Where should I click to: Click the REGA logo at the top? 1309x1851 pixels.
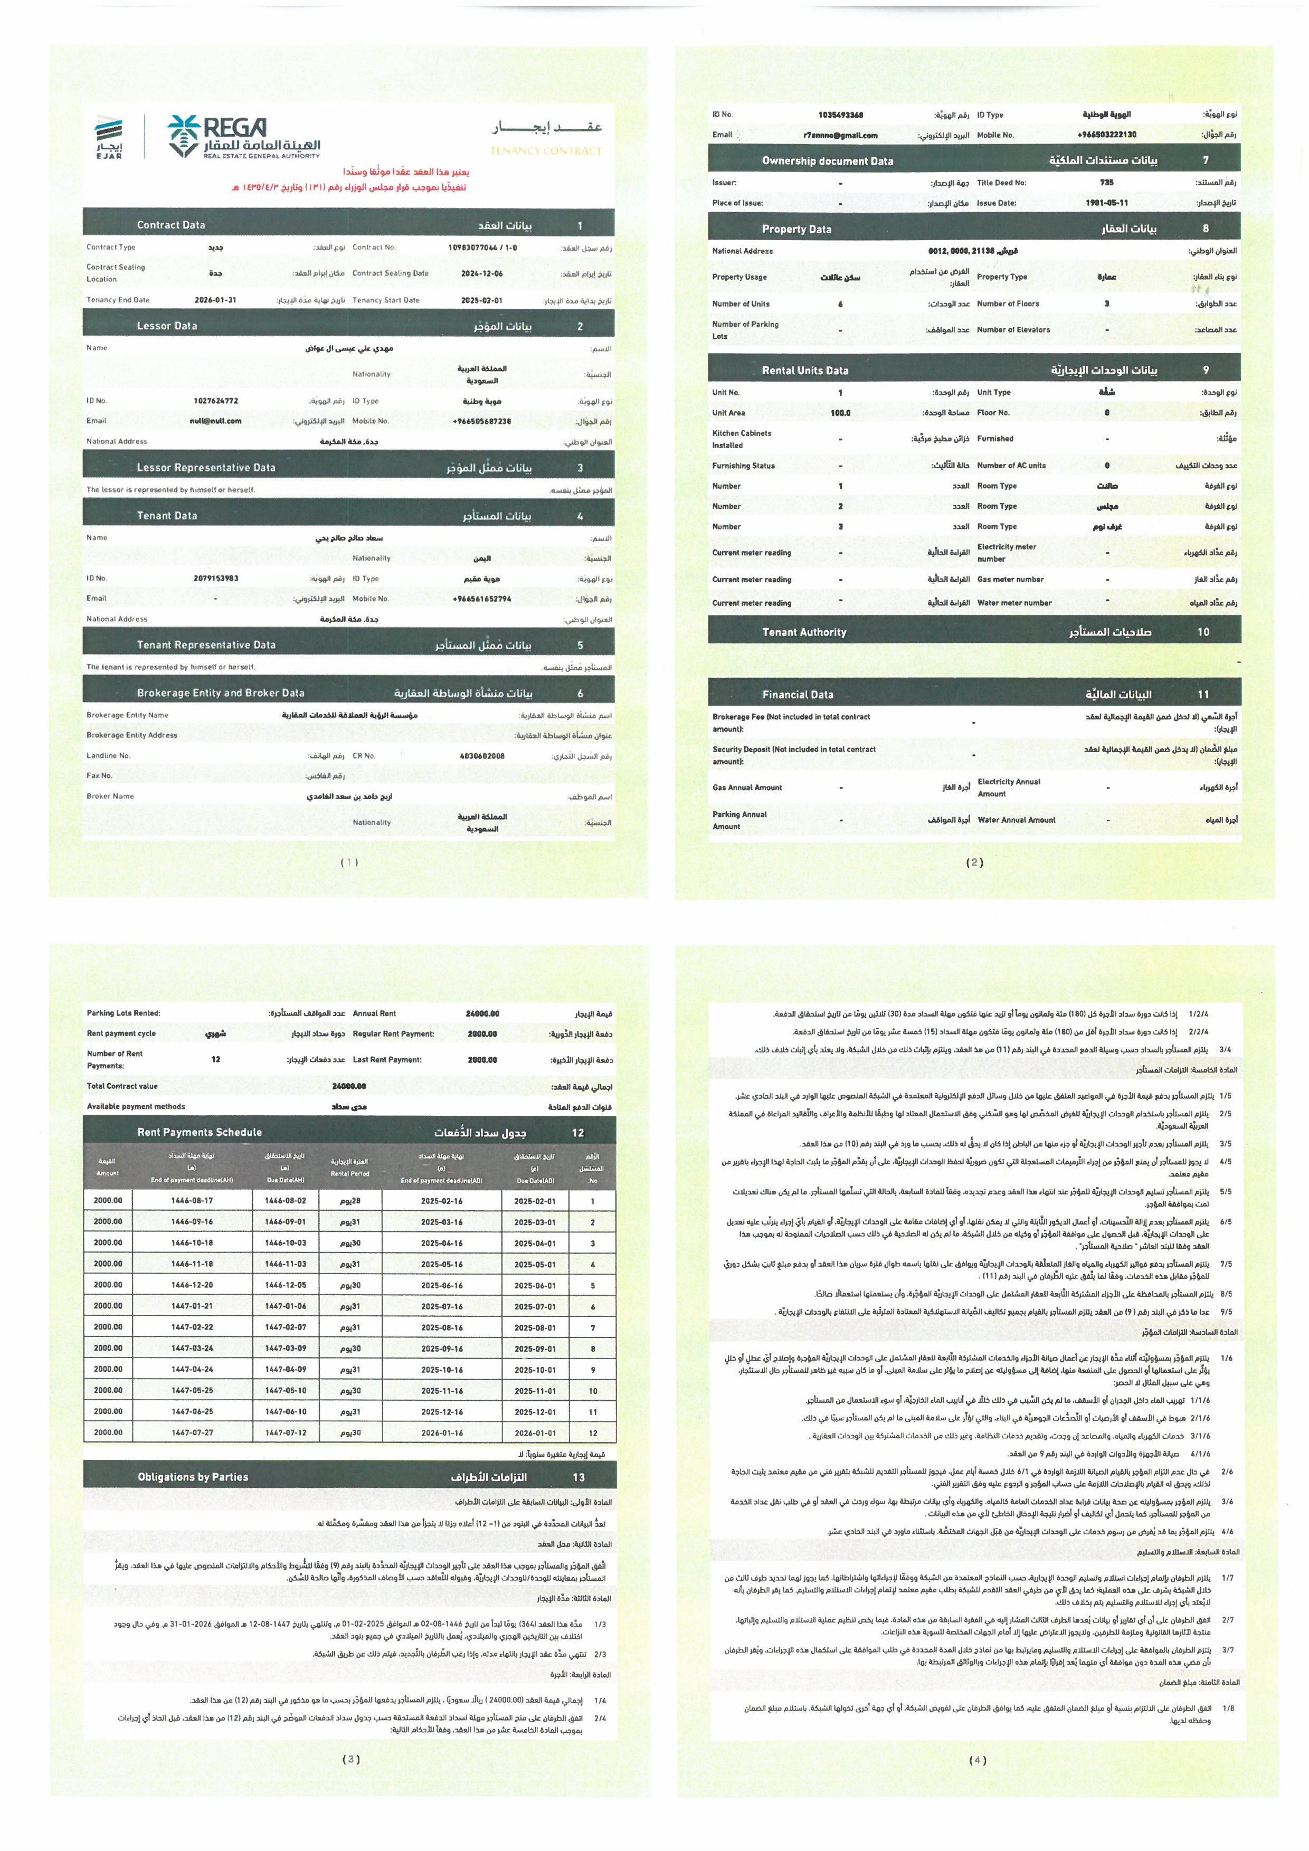243,137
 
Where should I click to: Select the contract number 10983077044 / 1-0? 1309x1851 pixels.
482,248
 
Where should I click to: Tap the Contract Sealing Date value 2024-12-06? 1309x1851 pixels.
482,274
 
